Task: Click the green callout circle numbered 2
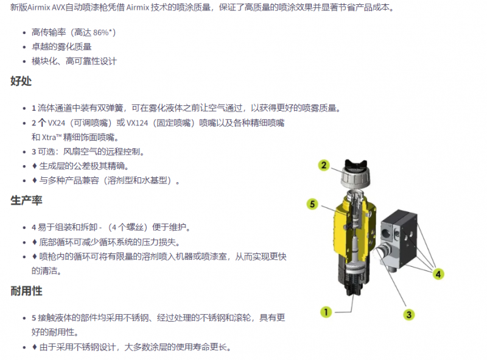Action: click(x=324, y=165)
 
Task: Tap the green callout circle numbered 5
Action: click(x=312, y=204)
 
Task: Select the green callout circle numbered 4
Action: click(x=438, y=274)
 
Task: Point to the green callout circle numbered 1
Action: click(x=326, y=312)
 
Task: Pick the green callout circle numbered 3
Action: click(x=408, y=314)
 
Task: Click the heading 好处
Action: click(x=21, y=81)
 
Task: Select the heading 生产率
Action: click(x=26, y=200)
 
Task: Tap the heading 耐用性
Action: click(x=26, y=291)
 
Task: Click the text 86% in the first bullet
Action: click(x=100, y=32)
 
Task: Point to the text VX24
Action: click(x=57, y=123)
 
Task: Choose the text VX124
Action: click(x=138, y=123)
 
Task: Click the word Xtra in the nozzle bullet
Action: click(x=49, y=138)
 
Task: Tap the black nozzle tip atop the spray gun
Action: click(x=356, y=164)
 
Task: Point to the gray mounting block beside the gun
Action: click(x=400, y=239)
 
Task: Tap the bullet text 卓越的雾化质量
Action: click(x=61, y=47)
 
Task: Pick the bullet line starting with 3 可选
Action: click(x=88, y=152)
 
